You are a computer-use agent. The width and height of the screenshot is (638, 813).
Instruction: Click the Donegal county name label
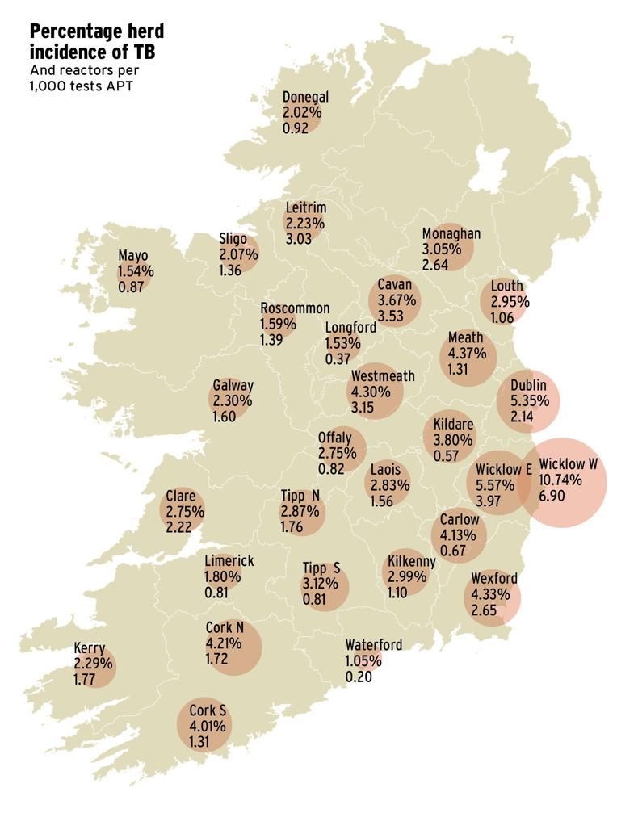305,98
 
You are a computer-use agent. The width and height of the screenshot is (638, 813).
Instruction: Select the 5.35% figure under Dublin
529,400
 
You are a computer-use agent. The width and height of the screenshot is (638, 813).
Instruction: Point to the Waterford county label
373,645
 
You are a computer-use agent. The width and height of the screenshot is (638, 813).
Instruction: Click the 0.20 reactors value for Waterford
358,677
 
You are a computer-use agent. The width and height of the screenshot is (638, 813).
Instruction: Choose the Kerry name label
89,648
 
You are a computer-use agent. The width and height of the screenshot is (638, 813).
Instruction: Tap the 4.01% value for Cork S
207,727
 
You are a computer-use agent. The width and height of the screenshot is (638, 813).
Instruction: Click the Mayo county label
132,257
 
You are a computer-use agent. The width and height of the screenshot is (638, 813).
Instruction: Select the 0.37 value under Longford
338,359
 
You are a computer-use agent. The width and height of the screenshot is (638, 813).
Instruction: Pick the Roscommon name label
295,308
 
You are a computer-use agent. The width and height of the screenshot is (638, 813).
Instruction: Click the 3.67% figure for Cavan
397,300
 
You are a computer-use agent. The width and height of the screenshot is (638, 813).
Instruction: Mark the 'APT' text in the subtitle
120,86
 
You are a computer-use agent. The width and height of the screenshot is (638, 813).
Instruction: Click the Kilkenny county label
412,562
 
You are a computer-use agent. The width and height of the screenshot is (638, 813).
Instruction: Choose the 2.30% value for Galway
233,401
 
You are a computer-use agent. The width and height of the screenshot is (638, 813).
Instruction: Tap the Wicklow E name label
503,470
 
